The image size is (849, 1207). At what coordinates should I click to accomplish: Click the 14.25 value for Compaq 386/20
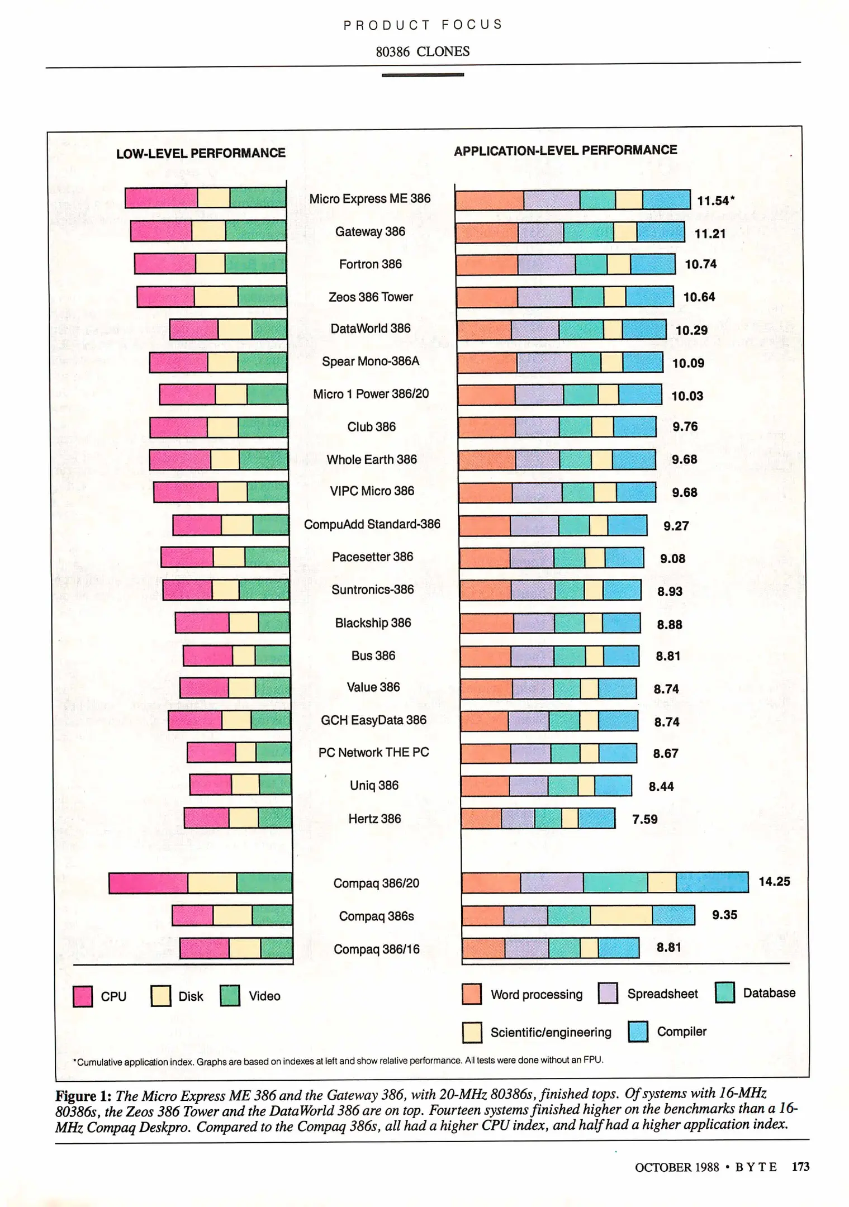(774, 881)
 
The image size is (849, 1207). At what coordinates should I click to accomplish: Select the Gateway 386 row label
(370, 231)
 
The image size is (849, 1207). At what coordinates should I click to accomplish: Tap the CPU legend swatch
(83, 996)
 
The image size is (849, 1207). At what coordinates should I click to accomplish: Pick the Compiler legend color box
(638, 1032)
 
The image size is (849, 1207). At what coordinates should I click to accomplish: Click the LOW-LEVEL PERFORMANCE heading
(201, 153)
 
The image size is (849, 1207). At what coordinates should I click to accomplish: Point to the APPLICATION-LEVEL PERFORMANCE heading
(565, 150)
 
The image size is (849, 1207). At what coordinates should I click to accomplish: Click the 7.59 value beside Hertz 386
(644, 819)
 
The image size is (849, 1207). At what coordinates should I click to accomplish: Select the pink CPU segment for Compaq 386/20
(148, 883)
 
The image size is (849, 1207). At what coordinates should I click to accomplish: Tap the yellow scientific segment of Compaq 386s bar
(621, 915)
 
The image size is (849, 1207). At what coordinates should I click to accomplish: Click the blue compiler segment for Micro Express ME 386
(666, 199)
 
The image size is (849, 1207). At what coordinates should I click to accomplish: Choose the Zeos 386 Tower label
(371, 297)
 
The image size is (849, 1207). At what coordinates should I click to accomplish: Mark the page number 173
(800, 1167)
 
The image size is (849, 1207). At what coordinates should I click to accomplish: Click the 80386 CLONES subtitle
(423, 51)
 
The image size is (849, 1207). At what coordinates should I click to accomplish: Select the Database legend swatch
(725, 993)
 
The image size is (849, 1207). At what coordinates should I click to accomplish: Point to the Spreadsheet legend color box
(608, 994)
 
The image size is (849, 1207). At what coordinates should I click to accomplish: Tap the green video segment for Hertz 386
(274, 818)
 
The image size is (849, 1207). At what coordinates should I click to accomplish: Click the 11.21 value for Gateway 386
(710, 234)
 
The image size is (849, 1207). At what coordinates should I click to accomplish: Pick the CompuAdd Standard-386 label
(372, 524)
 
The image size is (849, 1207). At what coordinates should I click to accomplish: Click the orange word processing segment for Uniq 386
(485, 786)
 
